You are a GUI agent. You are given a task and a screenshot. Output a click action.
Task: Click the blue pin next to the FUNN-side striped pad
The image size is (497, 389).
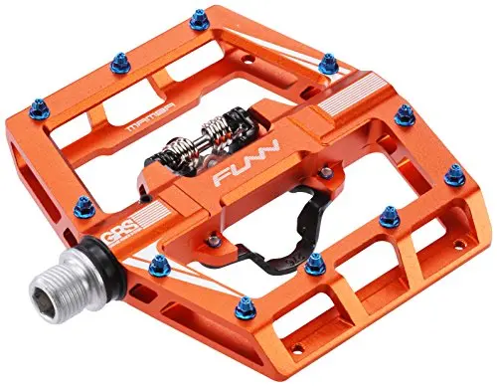[405, 116]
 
